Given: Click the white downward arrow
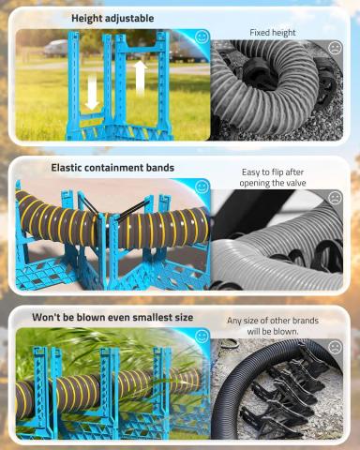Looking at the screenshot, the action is [92, 93].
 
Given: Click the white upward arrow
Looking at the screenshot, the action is [140, 78].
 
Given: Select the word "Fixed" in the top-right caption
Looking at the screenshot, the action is [260, 33].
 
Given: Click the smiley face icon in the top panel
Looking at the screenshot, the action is [202, 37].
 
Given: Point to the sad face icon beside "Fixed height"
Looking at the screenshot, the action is [336, 47].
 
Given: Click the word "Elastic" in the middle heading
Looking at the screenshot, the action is [67, 168].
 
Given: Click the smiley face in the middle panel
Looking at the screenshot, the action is [202, 187].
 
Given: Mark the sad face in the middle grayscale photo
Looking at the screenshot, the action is [336, 198].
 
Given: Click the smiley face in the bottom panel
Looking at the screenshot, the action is [202, 337].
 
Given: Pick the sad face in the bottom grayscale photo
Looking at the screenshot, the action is [336, 347].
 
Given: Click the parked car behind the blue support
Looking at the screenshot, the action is [55, 49].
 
